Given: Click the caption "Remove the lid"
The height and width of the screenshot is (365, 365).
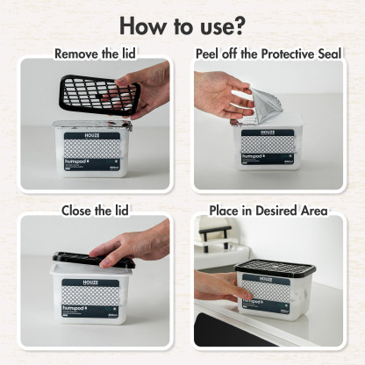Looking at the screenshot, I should [x=95, y=54].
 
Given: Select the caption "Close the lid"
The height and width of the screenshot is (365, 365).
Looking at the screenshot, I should [x=95, y=211].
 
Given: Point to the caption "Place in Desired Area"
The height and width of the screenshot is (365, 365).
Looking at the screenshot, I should [x=268, y=211].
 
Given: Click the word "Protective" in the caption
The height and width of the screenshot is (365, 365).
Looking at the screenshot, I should [x=285, y=54].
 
